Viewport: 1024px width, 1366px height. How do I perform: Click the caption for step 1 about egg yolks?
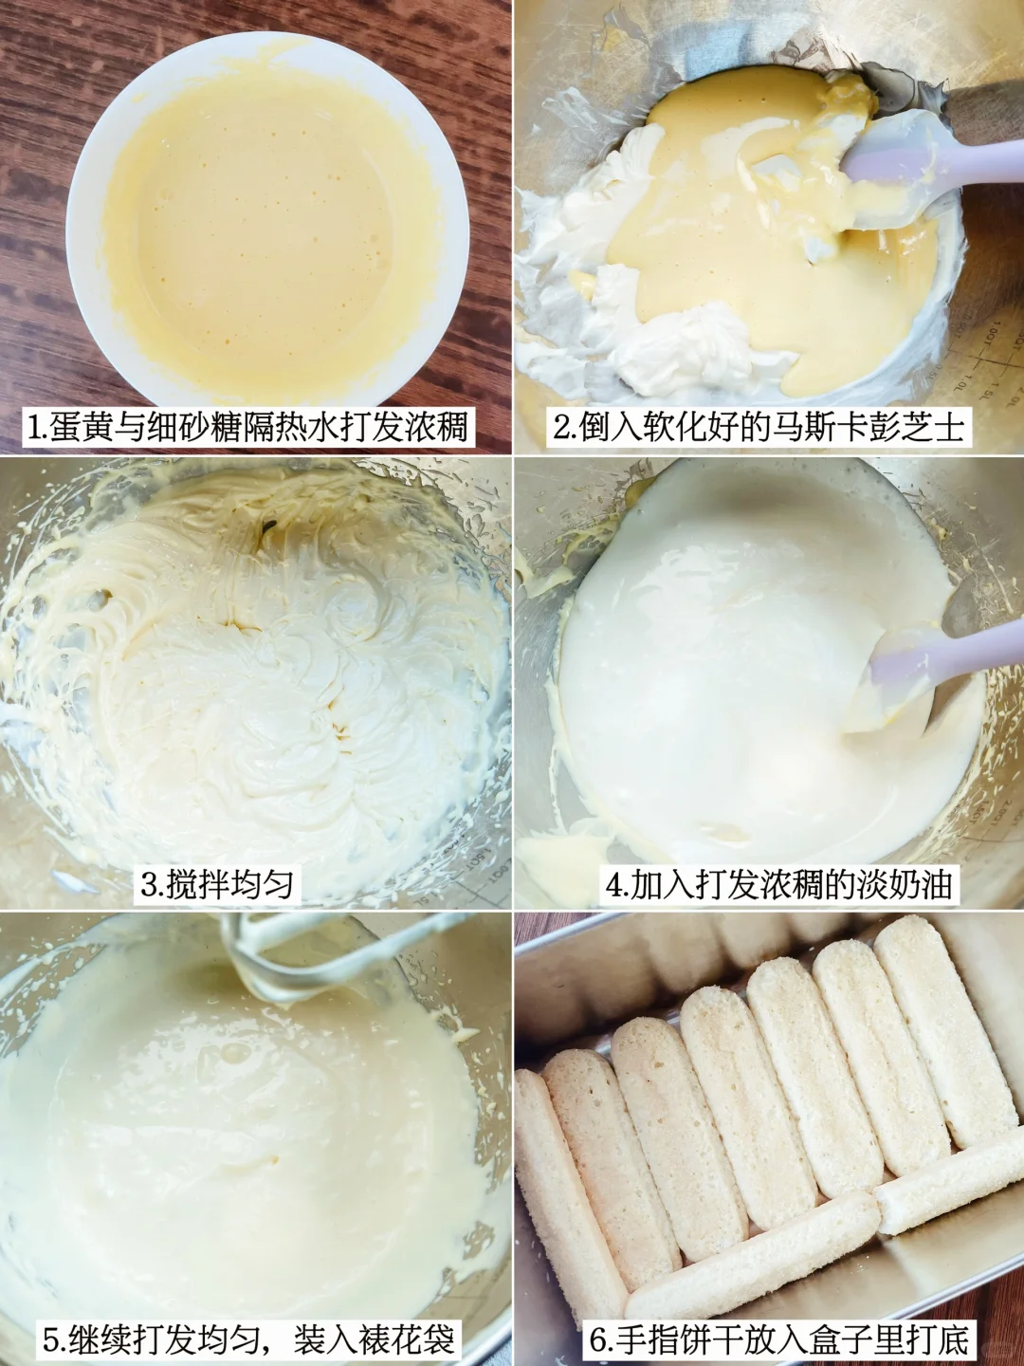click(x=248, y=427)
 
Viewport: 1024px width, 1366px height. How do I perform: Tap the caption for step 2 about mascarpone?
click(x=759, y=427)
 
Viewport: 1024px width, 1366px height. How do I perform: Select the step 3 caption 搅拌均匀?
click(x=218, y=884)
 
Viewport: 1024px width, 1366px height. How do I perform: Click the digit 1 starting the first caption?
click(x=35, y=428)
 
